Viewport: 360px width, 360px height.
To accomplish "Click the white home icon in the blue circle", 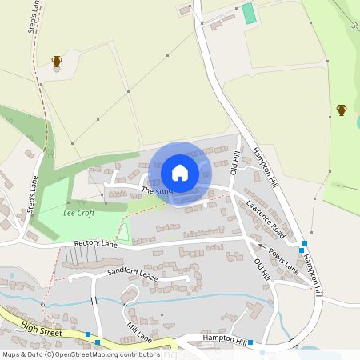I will click(x=180, y=173).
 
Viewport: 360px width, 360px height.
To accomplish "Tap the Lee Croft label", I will click(x=78, y=214).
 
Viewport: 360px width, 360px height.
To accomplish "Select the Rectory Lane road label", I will click(x=95, y=243).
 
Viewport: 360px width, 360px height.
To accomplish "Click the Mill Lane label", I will click(x=139, y=330).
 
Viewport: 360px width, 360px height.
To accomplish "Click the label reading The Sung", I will click(x=157, y=192).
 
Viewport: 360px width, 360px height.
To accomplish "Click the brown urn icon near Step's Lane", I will click(x=57, y=62).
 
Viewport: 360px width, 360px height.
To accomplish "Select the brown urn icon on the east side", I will click(x=342, y=110).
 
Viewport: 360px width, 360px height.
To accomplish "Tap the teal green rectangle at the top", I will click(x=249, y=13).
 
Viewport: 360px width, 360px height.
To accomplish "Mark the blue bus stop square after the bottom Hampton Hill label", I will click(x=250, y=342).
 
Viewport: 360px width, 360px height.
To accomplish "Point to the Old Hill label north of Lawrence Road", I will click(x=235, y=163).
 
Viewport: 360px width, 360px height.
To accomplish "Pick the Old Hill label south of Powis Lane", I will click(x=262, y=269).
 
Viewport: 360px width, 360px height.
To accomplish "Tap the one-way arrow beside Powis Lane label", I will click(x=261, y=248).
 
